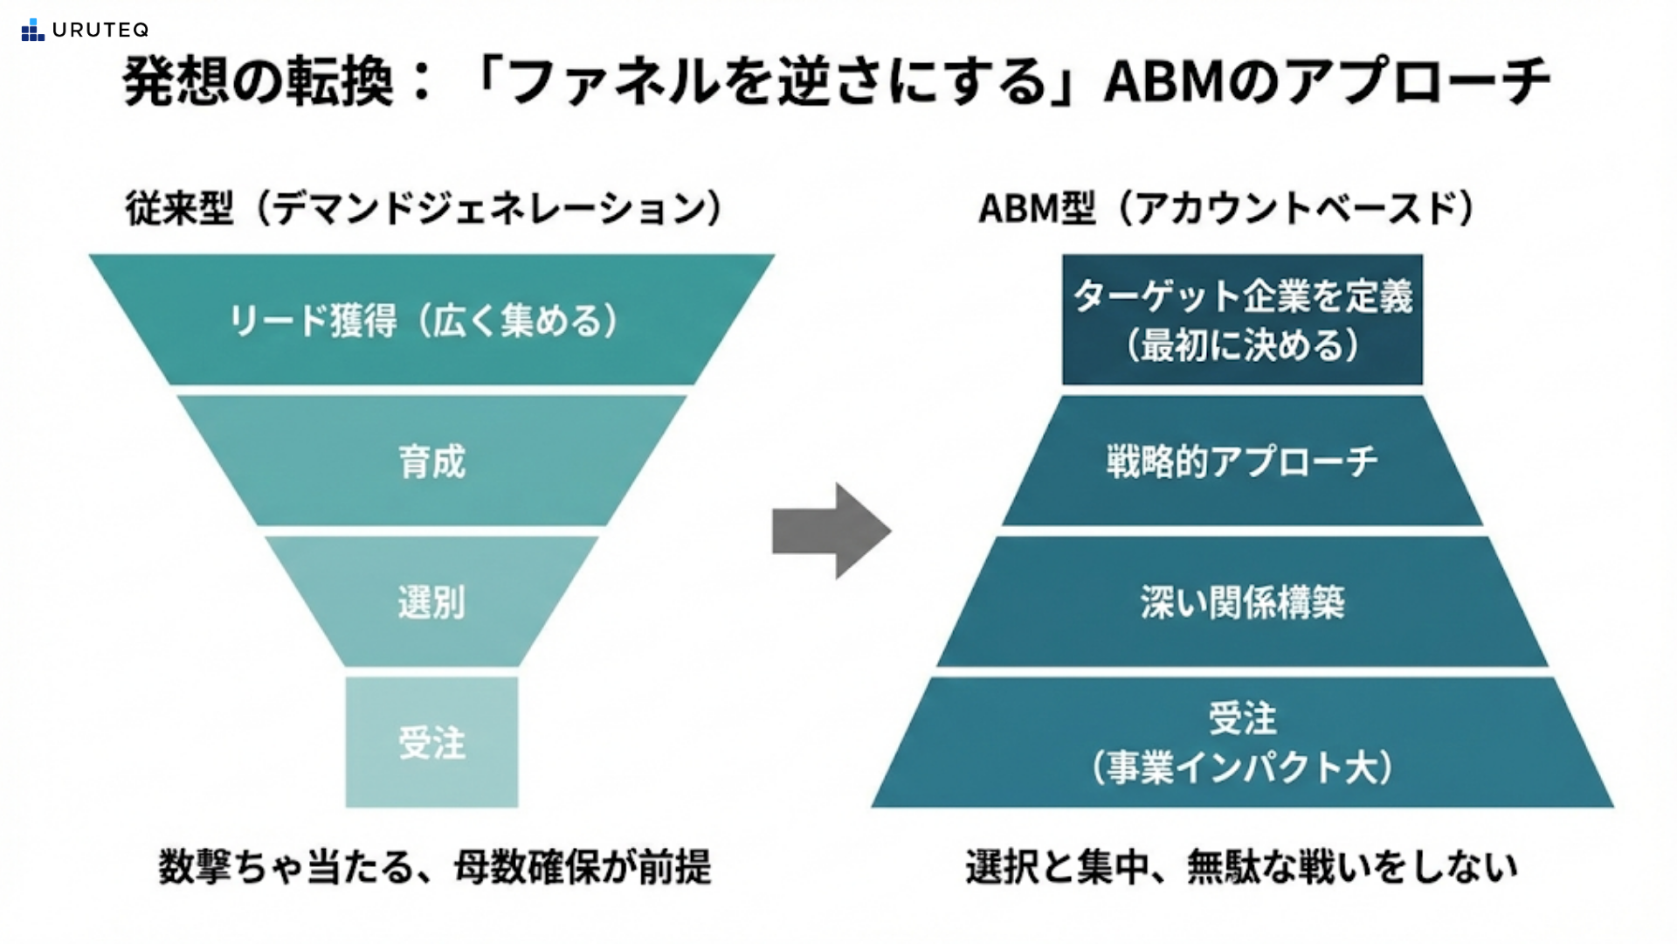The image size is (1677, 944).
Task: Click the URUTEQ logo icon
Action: point(32,30)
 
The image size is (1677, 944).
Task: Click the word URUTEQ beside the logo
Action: point(100,30)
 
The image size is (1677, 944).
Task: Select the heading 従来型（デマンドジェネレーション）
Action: point(424,208)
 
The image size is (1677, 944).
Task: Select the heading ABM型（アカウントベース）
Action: point(1226,208)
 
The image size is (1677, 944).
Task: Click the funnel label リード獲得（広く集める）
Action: point(424,321)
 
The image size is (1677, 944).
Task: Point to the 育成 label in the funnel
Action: point(431,462)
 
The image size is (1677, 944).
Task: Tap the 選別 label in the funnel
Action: point(431,602)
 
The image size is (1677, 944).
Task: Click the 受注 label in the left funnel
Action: point(431,743)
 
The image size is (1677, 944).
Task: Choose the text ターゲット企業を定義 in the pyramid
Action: point(1242,296)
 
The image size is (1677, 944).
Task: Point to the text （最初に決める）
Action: point(1242,345)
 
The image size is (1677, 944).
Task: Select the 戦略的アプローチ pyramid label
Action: point(1242,462)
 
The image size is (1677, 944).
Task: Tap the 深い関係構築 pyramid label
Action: point(1242,602)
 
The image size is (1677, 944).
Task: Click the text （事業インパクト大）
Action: point(1242,767)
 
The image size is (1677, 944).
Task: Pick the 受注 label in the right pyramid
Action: point(1242,718)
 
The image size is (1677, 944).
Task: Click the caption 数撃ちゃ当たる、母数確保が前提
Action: point(435,867)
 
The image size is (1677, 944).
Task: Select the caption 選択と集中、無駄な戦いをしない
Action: point(1241,867)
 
